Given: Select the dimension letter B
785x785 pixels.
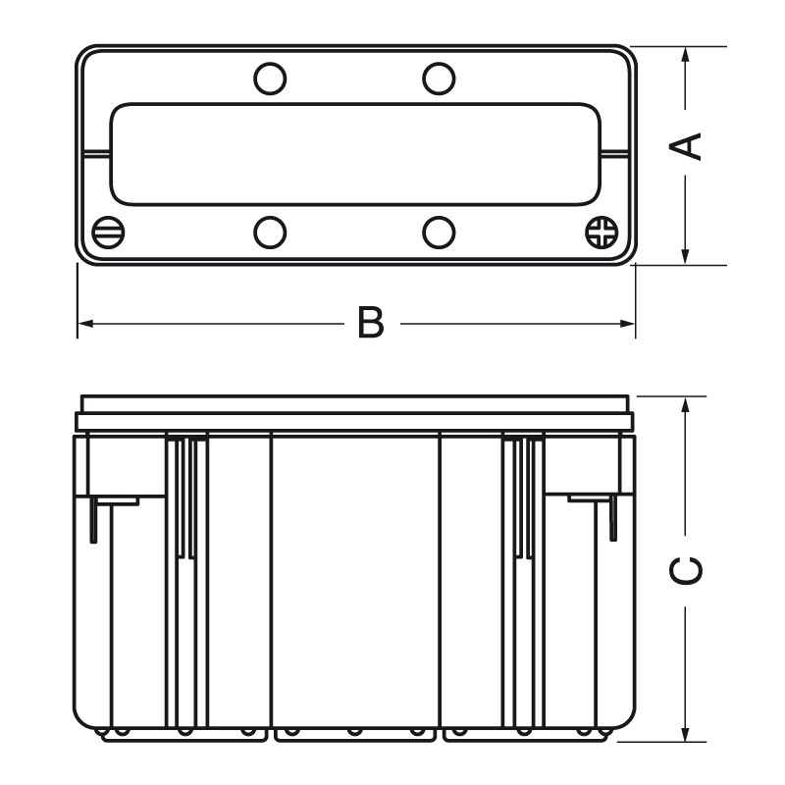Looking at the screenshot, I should pos(369,323).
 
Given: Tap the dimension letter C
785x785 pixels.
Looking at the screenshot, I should pos(689,570).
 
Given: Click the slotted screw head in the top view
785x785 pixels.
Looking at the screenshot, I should pos(109,233).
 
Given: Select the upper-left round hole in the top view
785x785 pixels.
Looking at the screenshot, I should pos(270,78).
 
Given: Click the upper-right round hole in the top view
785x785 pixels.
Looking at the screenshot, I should pos(439,78).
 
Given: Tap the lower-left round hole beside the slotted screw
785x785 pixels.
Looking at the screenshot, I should pos(270,233).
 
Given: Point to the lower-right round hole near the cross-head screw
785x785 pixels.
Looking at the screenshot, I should pos(439,233).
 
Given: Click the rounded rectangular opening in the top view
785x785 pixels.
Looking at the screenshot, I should pos(355,154).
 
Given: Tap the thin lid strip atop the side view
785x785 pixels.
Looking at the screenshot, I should pos(355,403).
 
